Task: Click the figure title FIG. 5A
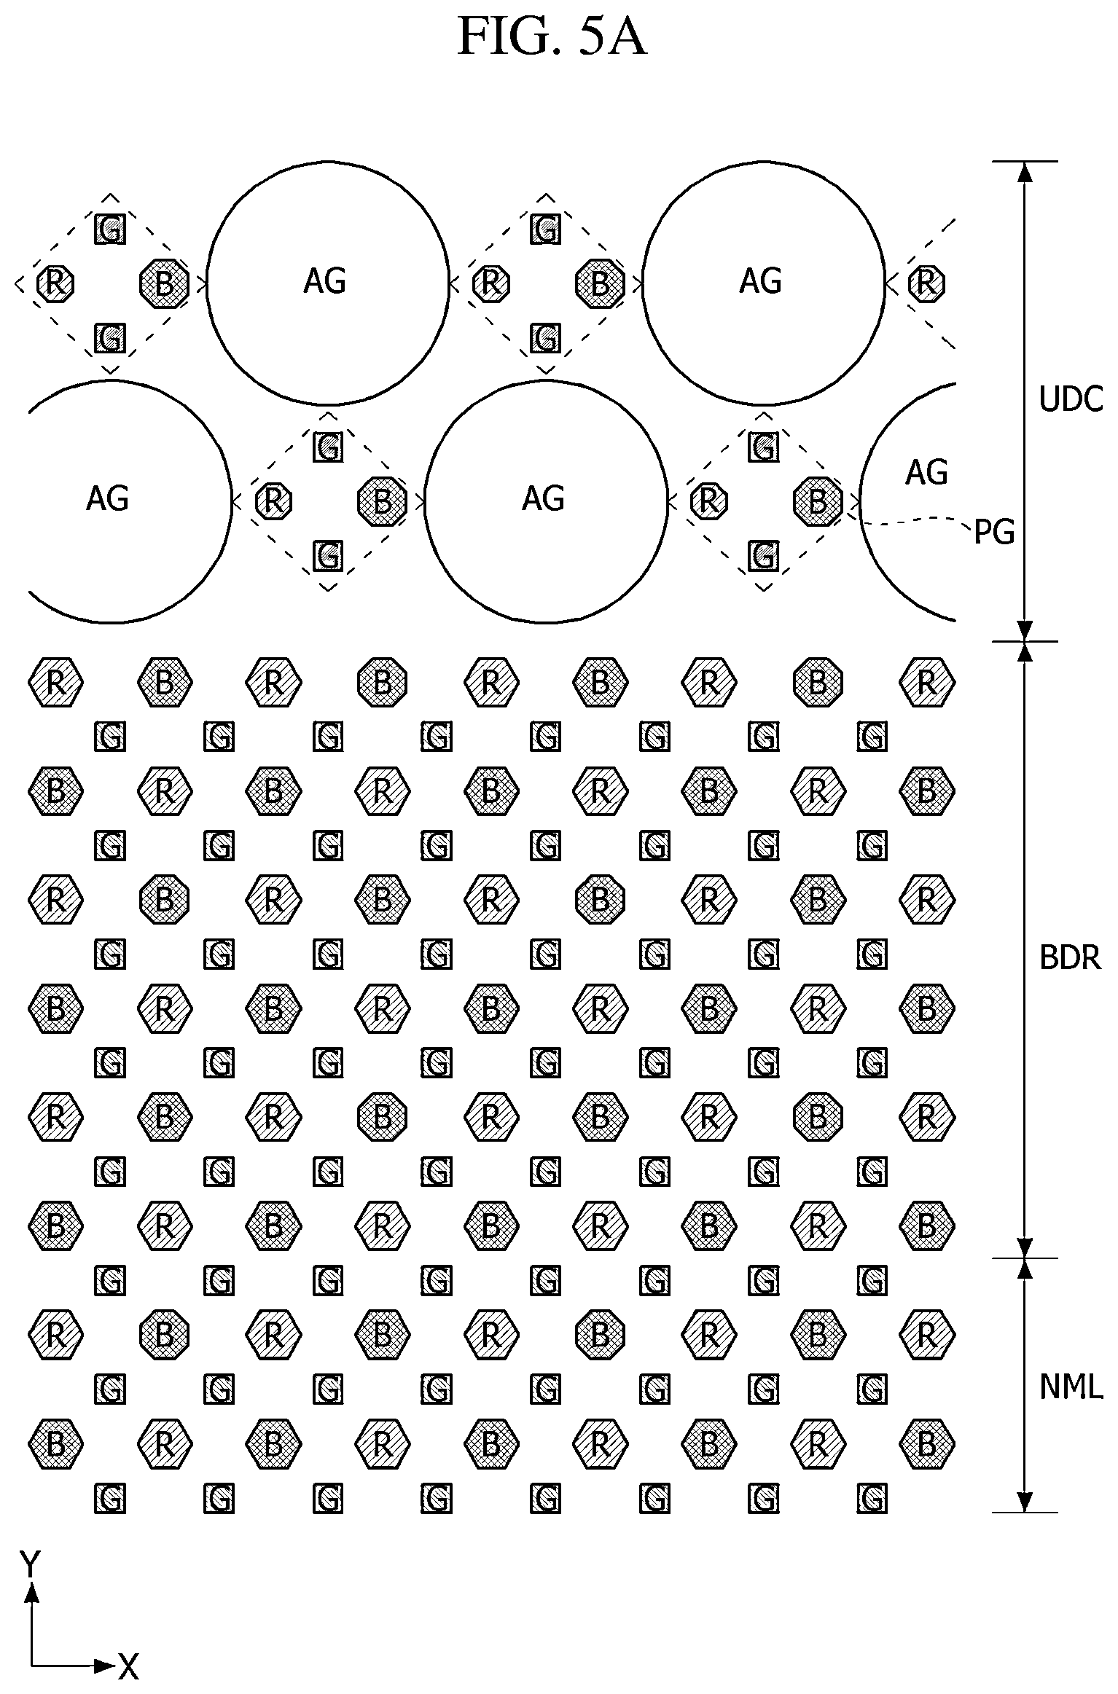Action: click(x=552, y=38)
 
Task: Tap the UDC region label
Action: click(x=1071, y=399)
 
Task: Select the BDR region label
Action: click(x=1070, y=957)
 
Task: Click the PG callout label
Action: click(x=995, y=533)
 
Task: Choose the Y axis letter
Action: click(x=30, y=1564)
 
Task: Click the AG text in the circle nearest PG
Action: click(x=926, y=472)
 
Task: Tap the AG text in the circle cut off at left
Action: click(x=107, y=499)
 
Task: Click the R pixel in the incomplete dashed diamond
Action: click(x=926, y=283)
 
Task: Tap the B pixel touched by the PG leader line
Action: click(x=818, y=501)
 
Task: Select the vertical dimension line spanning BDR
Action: click(x=1025, y=950)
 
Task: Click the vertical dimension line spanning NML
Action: click(x=1025, y=1385)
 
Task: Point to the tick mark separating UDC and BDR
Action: click(x=1025, y=641)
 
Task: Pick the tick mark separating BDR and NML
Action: click(x=1025, y=1258)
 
